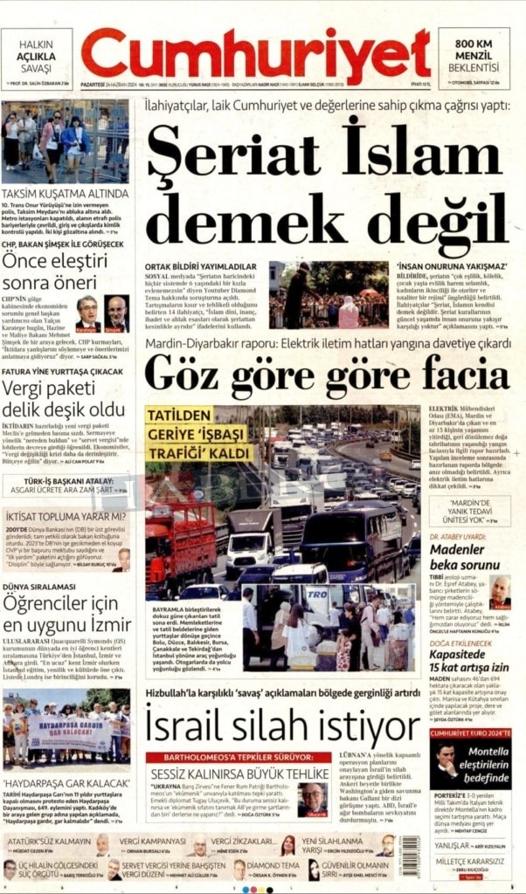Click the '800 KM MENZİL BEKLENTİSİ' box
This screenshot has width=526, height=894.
(474, 55)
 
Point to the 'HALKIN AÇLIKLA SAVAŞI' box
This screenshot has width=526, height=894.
(37, 55)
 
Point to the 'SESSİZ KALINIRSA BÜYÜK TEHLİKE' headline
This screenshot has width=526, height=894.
(237, 774)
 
